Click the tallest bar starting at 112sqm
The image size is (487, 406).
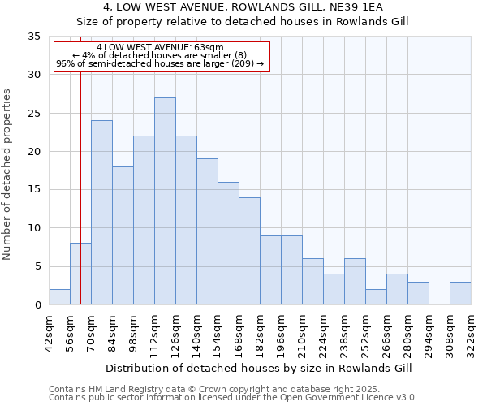click(x=165, y=201)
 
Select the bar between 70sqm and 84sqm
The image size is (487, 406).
click(x=101, y=213)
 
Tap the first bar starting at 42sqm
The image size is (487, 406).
click(x=59, y=297)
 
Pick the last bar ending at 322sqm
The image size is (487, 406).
click(x=460, y=293)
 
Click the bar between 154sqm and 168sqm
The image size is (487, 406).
click(x=228, y=244)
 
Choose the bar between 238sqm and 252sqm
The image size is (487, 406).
click(x=355, y=282)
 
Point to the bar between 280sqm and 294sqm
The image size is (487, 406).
click(x=418, y=293)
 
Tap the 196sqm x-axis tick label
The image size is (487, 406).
click(x=281, y=334)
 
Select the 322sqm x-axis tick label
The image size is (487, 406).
click(x=471, y=334)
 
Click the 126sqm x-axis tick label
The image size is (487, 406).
click(x=175, y=334)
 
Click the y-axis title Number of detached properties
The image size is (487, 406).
click(x=7, y=175)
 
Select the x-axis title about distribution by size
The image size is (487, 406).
click(x=259, y=368)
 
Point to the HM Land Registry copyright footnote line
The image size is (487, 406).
click(x=220, y=389)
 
